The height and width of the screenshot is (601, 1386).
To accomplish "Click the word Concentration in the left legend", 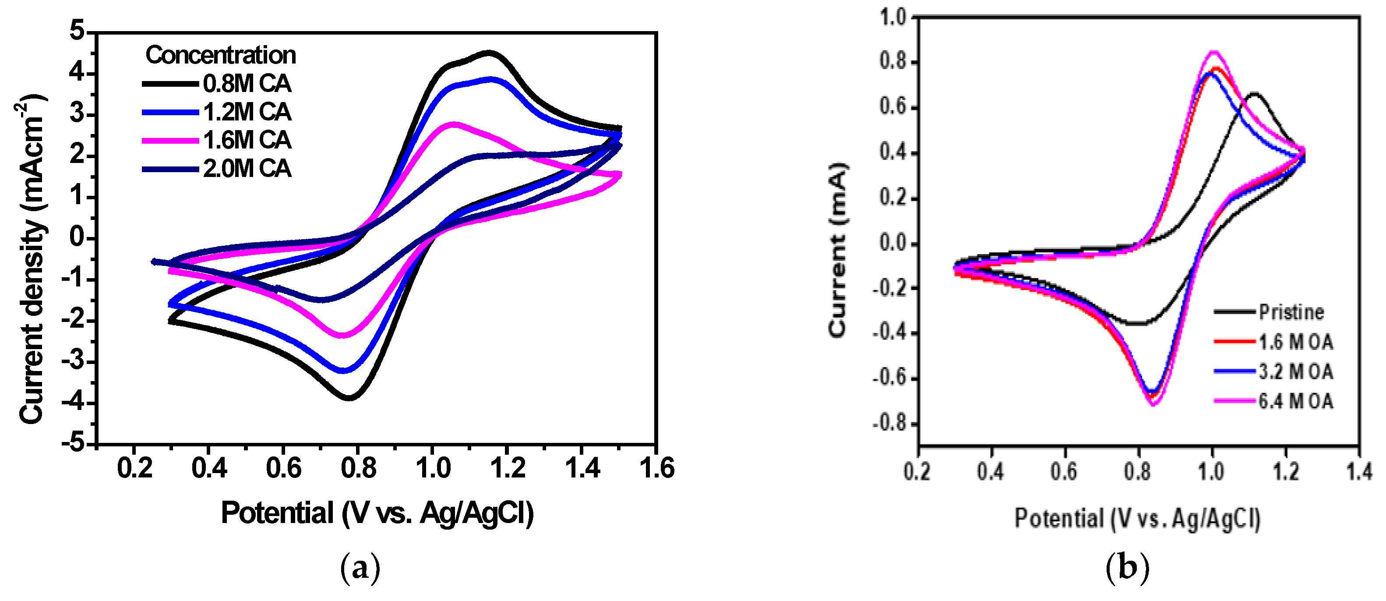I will tap(221, 55).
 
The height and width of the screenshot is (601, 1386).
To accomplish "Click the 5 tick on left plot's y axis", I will tap(78, 31).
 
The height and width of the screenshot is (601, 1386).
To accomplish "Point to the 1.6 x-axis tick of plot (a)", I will tap(656, 468).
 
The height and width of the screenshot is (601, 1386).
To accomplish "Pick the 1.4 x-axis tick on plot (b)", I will tap(1359, 472).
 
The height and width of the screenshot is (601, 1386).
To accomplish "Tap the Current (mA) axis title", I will tap(838, 250).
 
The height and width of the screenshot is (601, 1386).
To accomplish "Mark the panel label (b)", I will tap(1127, 568).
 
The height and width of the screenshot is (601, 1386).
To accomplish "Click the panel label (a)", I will tap(360, 568).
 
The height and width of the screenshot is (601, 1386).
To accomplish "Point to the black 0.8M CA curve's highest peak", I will tap(489, 53).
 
